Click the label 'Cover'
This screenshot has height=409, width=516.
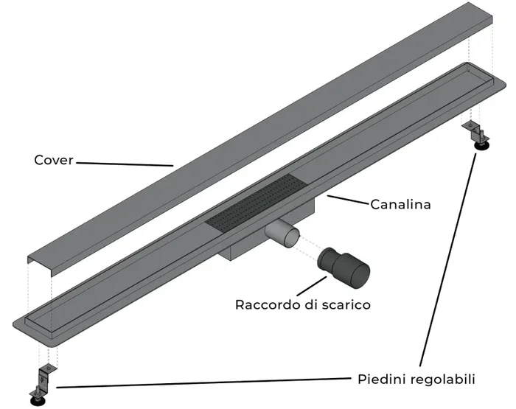click(x=54, y=160)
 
